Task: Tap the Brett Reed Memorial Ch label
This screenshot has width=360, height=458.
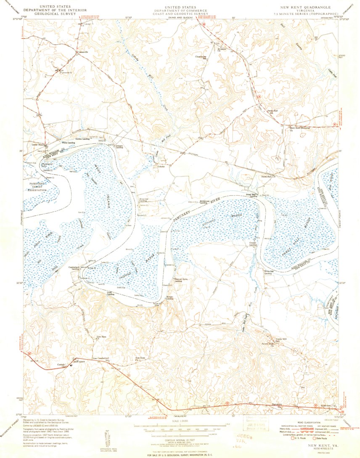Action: [298, 127]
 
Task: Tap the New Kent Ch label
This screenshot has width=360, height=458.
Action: [140, 359]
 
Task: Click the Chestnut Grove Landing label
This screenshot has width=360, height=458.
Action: [180, 281]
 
